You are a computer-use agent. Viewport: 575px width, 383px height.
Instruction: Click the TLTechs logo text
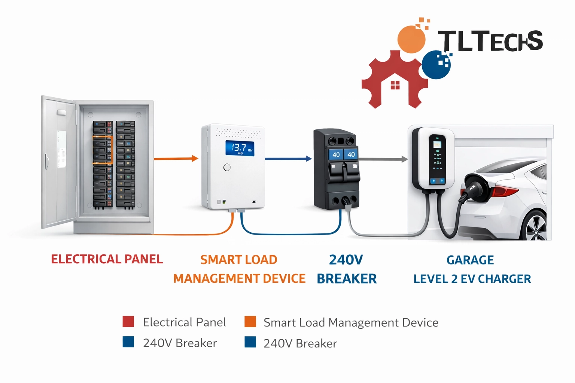coord(490,41)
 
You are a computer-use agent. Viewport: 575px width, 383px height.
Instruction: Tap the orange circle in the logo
coord(411,39)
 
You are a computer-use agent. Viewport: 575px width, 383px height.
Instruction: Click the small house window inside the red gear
coord(395,85)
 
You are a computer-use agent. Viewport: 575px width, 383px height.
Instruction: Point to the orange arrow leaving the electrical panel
coord(176,159)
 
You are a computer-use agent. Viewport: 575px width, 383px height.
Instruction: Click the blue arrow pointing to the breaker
coord(288,159)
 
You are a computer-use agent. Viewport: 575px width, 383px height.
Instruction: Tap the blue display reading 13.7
coord(240,148)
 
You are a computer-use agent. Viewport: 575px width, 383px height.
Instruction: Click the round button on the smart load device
coord(227,168)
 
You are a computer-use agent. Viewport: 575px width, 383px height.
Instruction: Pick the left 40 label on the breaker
coord(336,154)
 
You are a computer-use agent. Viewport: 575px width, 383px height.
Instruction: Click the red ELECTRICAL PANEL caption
coord(107,259)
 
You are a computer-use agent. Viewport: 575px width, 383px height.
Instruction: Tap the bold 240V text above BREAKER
coord(346,260)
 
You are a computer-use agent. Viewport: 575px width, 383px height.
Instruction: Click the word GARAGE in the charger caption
coord(470,260)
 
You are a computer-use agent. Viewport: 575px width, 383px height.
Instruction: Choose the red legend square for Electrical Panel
coord(128,322)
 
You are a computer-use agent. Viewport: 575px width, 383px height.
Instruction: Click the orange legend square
coord(250,322)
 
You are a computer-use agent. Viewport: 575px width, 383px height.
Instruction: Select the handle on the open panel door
coord(47,162)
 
